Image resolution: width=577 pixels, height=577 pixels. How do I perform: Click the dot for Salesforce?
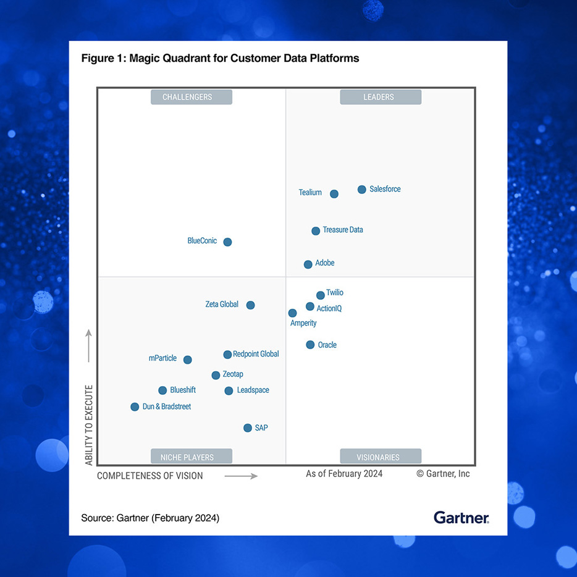point(362,190)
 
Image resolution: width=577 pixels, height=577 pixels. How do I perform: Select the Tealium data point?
point(334,194)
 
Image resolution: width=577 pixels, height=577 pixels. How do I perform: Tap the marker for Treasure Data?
point(316,231)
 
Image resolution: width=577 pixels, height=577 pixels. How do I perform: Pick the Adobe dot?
point(308,264)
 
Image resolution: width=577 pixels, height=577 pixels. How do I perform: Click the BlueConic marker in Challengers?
point(227,242)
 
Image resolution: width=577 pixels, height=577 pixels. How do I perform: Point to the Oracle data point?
point(310,345)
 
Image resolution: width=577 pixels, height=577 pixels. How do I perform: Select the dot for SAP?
point(248,427)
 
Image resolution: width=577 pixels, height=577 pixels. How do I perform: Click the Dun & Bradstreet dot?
point(135,406)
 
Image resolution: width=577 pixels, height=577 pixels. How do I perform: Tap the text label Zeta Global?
point(222,304)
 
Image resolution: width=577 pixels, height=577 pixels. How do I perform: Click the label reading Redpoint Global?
point(256,354)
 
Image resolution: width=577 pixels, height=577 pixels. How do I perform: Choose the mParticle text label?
point(162,358)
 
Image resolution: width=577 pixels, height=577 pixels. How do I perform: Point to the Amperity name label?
point(303,323)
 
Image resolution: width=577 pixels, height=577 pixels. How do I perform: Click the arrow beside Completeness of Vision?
point(241,476)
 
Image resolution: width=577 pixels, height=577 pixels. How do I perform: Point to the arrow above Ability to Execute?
point(88,346)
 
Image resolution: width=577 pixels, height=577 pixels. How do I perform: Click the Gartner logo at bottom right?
point(461,518)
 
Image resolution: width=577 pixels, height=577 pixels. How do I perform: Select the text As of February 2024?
point(344,474)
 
